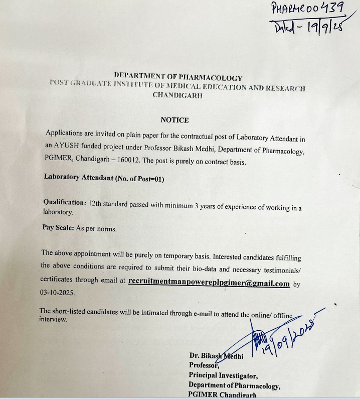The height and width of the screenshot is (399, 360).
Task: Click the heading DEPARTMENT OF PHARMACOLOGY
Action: point(178,78)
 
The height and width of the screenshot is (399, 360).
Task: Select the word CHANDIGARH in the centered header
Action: point(178,95)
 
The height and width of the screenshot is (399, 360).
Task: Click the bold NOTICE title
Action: point(174,120)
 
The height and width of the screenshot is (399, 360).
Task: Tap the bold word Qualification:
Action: point(65,202)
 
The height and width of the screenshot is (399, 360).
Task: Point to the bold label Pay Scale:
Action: point(58,228)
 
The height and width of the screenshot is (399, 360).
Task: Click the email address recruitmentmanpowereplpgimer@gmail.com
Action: point(209,283)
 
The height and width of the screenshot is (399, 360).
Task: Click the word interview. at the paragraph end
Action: point(53,319)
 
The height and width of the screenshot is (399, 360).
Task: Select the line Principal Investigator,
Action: point(223,375)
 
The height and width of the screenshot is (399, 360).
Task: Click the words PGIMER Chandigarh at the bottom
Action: point(222,395)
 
